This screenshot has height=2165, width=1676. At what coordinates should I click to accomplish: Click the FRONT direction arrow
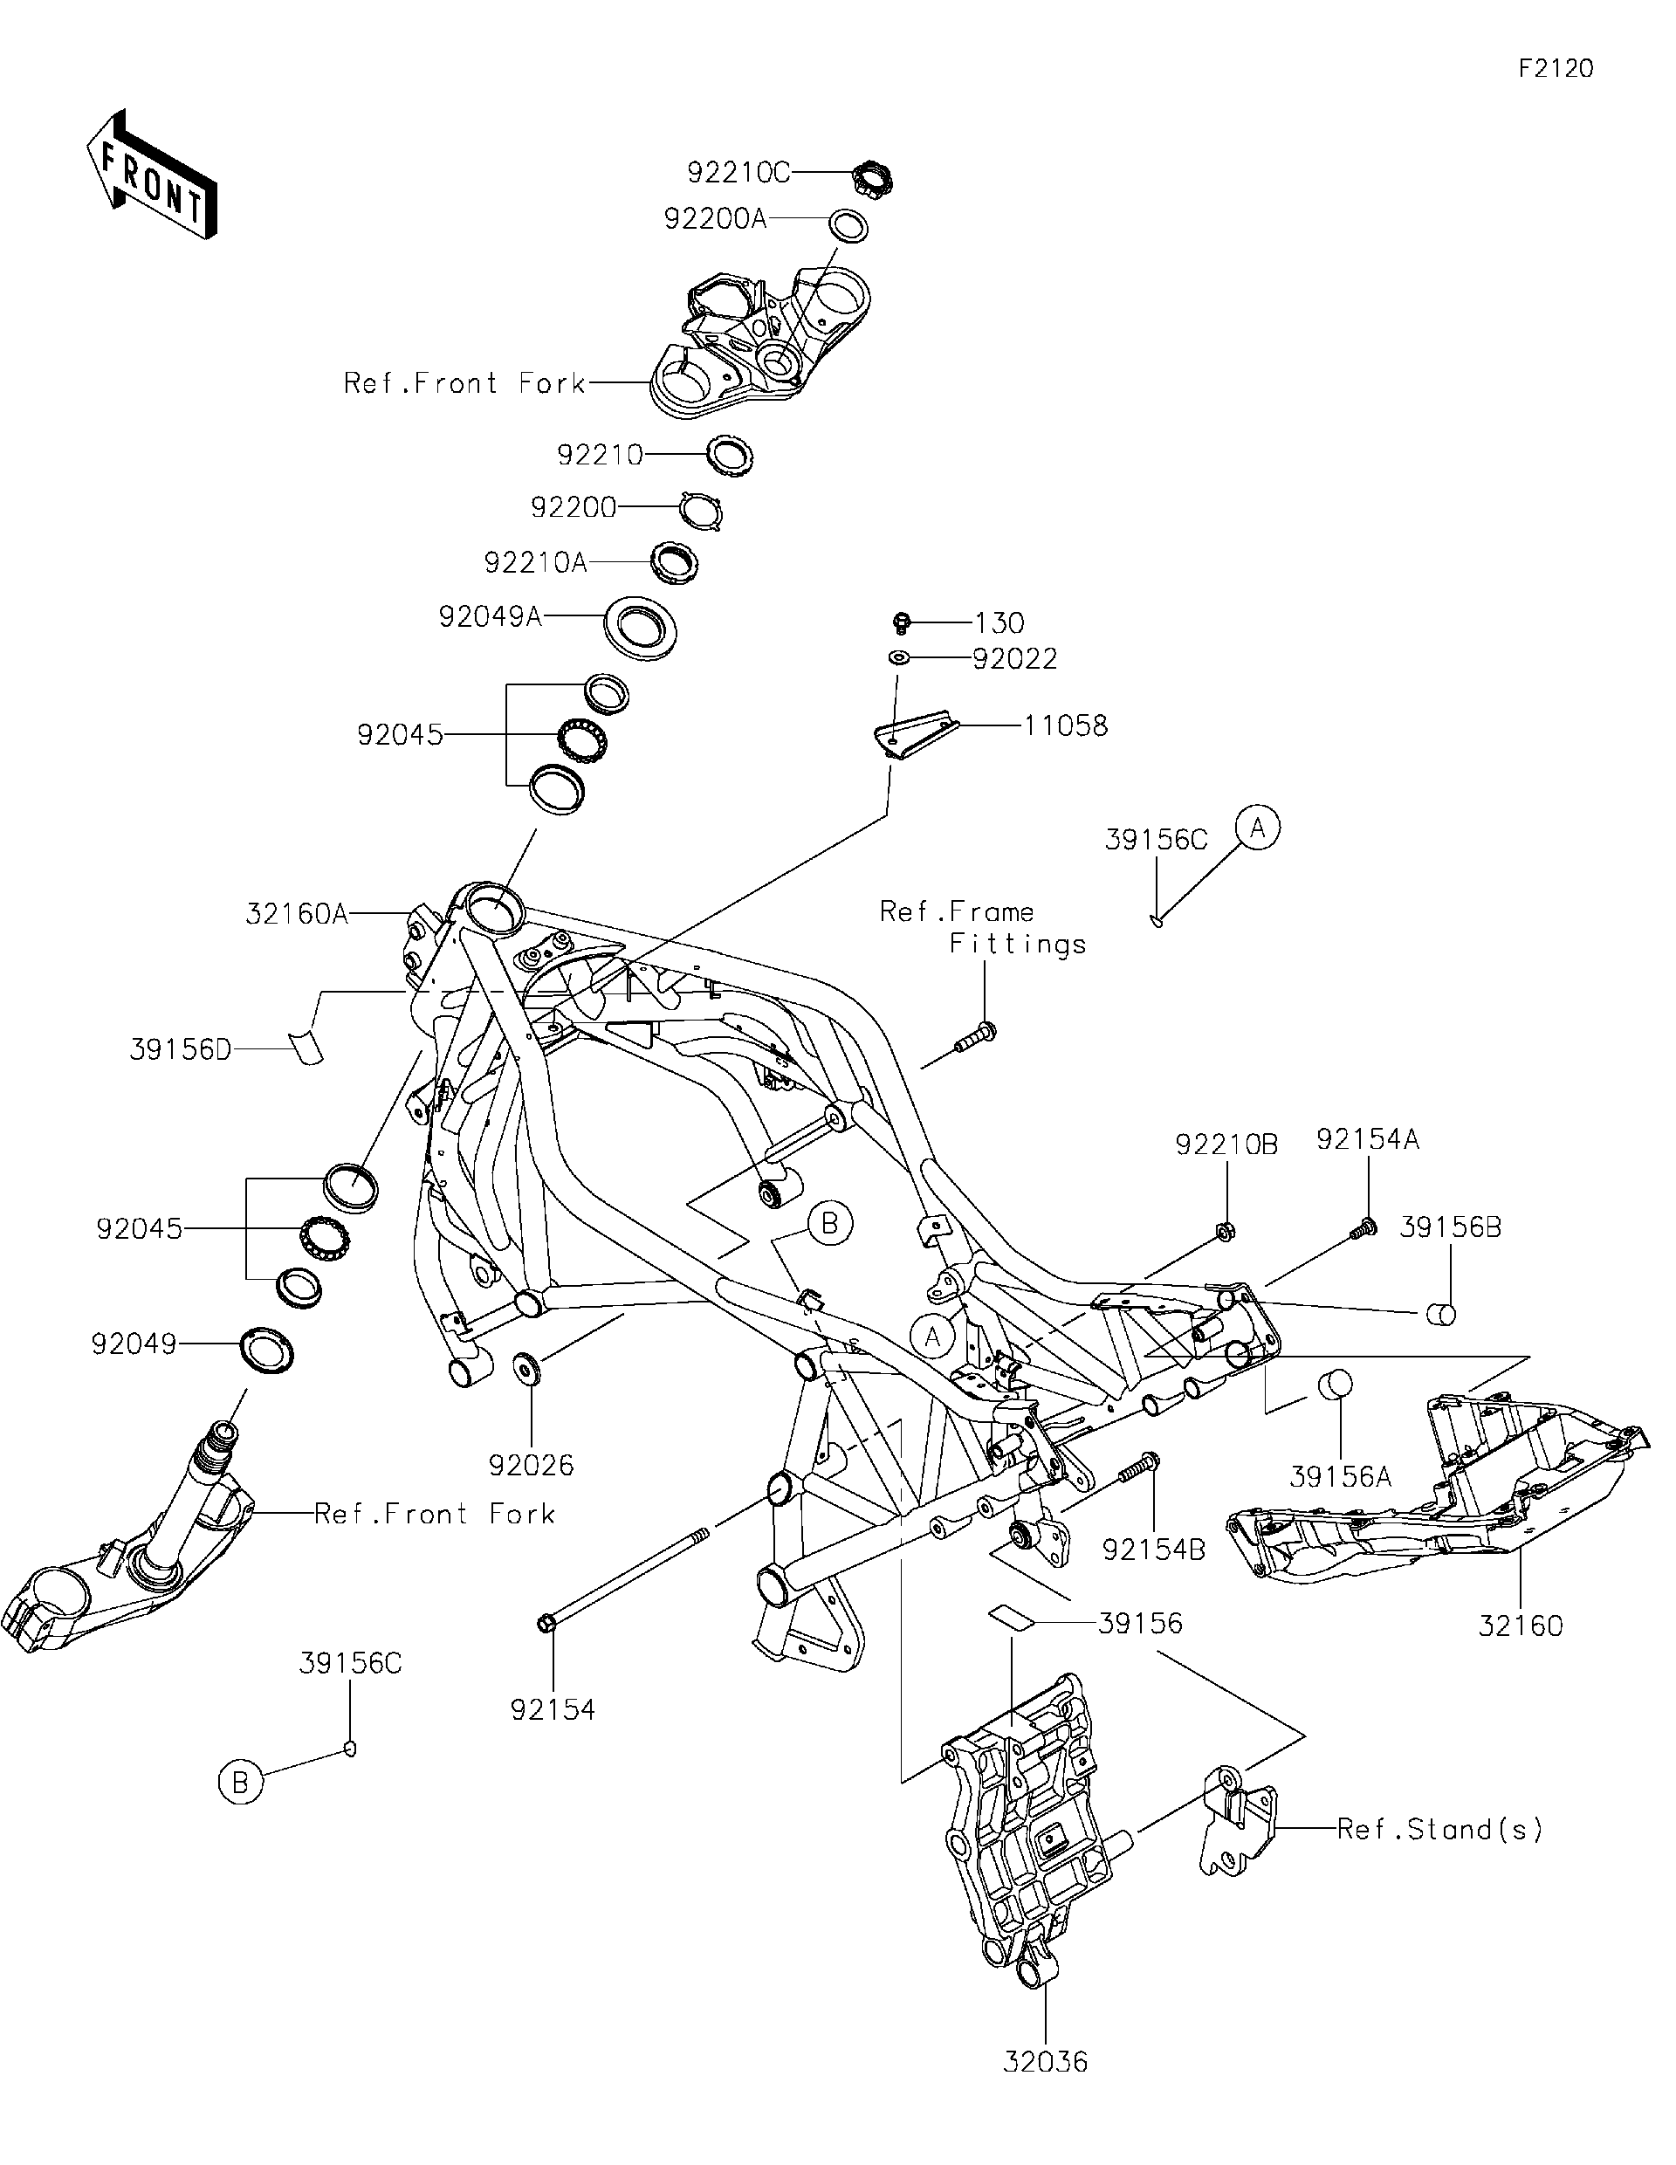coord(152,175)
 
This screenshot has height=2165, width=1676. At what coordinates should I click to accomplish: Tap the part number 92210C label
coord(738,173)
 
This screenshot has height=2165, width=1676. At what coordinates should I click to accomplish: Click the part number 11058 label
coord(1066,725)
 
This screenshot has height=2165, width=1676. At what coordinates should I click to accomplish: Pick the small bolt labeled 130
coord(902,622)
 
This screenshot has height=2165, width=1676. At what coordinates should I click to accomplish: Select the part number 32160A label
coord(296,913)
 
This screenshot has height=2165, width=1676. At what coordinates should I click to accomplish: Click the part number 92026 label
coord(532,1465)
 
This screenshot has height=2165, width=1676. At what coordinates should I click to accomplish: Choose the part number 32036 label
coord(1045,2063)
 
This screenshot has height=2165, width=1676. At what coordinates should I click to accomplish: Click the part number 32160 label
coord(1521,1625)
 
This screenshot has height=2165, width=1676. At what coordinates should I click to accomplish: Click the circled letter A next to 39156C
coord(1258,827)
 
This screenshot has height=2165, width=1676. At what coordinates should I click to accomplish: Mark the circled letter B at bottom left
coord(240,1784)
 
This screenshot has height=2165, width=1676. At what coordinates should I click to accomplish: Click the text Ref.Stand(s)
coord(1440,1829)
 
